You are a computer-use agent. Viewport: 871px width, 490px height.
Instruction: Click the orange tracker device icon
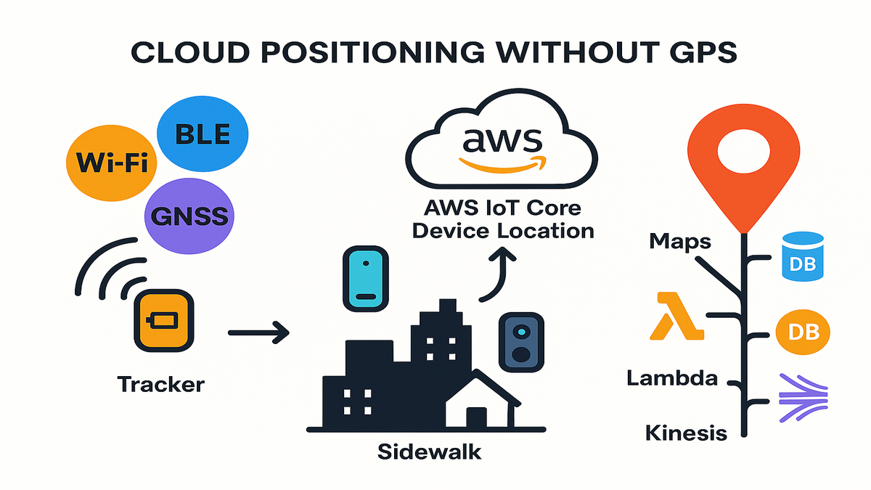163,320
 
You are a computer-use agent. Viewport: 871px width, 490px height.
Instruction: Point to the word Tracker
160,383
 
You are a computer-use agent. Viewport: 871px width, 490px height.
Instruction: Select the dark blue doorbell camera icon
520,341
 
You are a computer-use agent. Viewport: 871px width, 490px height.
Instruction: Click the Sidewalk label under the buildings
429,451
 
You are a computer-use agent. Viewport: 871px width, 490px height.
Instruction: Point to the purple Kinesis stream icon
802,397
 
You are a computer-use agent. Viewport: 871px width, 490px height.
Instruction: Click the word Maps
680,241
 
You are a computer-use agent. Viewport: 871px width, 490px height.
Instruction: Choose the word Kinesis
686,433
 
